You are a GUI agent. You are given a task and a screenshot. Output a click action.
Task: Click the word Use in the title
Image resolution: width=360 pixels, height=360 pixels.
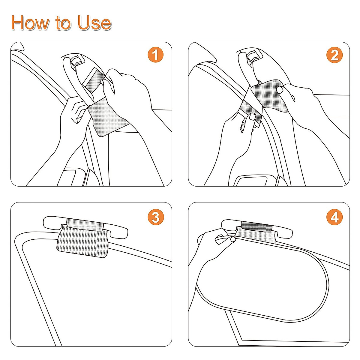click(94, 23)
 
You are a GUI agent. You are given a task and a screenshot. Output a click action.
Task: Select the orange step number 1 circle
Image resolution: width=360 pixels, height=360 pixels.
click(155, 55)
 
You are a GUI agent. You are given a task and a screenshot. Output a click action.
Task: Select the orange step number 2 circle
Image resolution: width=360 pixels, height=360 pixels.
click(334, 55)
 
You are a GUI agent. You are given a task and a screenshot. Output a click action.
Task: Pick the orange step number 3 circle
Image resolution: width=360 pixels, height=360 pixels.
click(155, 217)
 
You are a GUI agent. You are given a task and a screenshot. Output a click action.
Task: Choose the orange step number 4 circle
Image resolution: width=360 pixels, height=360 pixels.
click(334, 217)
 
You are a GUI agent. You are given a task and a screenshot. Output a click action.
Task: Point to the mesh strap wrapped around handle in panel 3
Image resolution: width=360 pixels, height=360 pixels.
click(85, 223)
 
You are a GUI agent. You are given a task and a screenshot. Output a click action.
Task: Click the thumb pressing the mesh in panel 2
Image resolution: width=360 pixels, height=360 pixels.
click(281, 89)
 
